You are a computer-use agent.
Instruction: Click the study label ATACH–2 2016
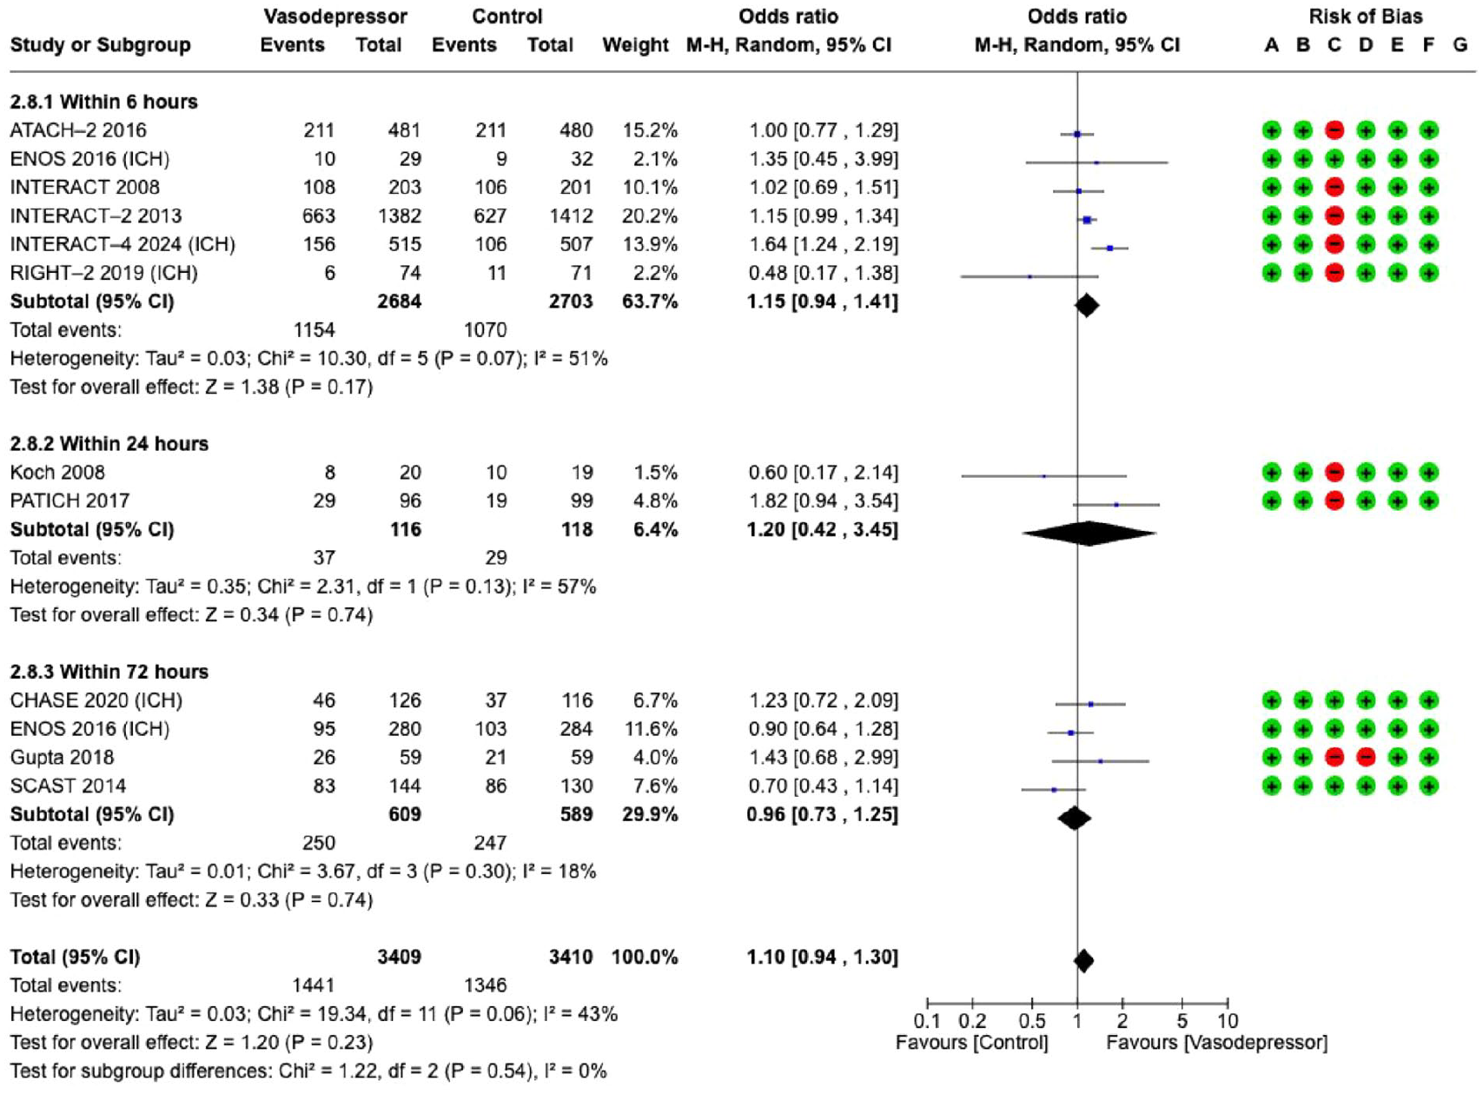pos(78,129)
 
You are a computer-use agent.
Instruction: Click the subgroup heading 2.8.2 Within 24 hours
pos(109,444)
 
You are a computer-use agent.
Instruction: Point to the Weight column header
pos(636,45)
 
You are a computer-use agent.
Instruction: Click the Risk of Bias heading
pos(1365,16)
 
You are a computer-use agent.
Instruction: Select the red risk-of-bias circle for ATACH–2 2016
pos(1334,130)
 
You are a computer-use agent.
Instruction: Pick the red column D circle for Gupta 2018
pos(1366,758)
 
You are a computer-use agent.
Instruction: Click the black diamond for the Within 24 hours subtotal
pos(1089,533)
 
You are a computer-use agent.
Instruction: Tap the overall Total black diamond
pos(1083,961)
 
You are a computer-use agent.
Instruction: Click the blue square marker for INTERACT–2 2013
pos(1087,220)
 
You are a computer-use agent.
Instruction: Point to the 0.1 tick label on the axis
pos(927,1020)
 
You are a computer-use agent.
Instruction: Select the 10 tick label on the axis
pos(1228,1020)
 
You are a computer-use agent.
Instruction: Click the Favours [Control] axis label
pos(972,1043)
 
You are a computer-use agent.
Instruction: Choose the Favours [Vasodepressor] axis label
pos(1217,1043)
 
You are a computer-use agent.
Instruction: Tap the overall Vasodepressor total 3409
pos(400,957)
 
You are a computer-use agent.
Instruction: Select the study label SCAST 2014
pos(68,786)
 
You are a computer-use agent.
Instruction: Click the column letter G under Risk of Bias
pos(1460,45)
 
